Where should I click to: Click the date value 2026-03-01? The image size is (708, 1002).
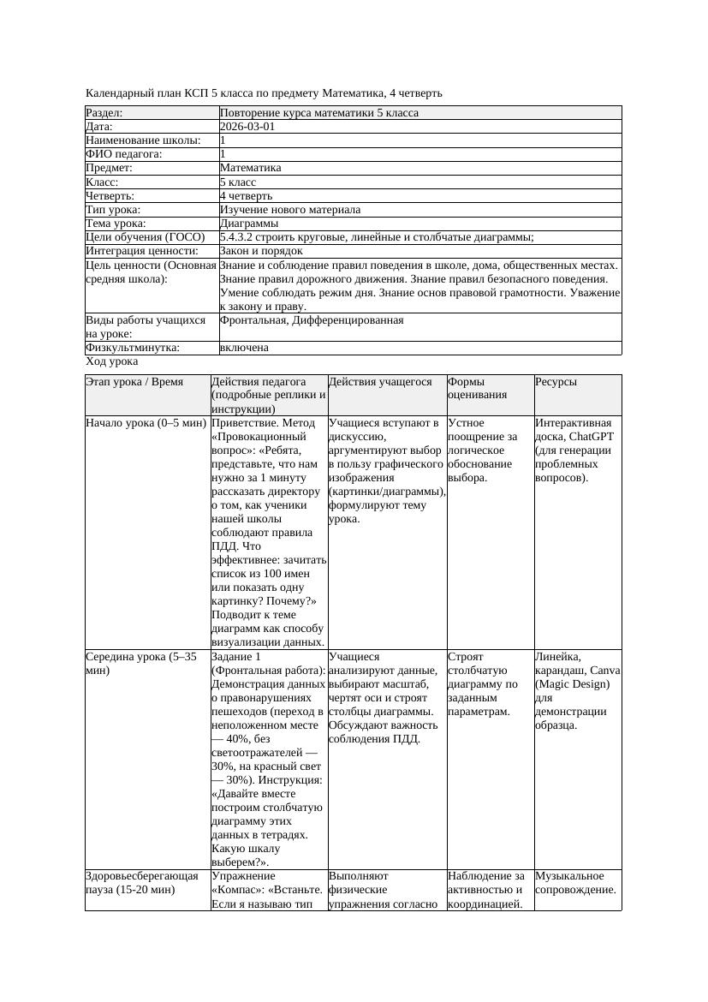click(247, 127)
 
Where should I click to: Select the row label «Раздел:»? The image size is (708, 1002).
click(104, 113)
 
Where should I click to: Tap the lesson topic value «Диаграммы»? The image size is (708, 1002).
click(249, 224)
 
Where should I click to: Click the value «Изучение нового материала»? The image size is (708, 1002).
click(290, 210)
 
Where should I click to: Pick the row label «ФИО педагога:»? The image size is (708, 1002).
click(124, 154)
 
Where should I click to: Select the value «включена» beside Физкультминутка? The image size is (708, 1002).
click(244, 348)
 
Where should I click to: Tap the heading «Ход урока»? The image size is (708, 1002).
click(112, 362)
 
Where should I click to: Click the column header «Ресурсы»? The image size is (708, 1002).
click(556, 382)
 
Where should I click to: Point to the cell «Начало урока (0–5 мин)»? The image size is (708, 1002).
click(146, 423)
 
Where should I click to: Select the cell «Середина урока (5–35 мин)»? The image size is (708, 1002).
click(141, 664)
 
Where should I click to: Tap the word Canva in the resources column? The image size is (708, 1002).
click(604, 671)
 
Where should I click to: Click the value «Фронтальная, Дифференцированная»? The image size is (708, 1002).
click(312, 320)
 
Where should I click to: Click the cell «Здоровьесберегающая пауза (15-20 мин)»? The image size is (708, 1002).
click(141, 883)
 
